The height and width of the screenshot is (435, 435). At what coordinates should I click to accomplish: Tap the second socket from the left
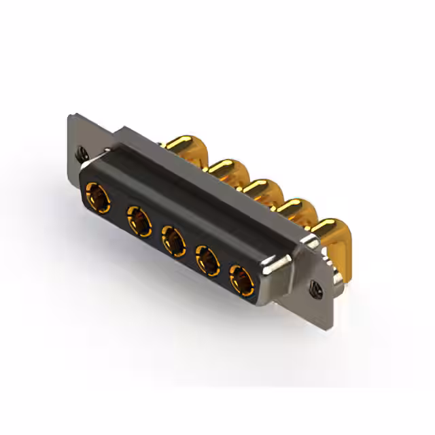[138, 221]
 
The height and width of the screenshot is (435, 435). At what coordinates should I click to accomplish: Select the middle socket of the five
[173, 241]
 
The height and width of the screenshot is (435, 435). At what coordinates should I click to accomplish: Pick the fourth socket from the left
[207, 260]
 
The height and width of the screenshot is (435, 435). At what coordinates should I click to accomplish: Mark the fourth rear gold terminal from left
[294, 207]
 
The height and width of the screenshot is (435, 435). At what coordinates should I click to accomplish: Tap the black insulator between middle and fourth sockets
[190, 250]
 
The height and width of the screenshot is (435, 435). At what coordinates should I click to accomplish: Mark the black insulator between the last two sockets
[224, 268]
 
